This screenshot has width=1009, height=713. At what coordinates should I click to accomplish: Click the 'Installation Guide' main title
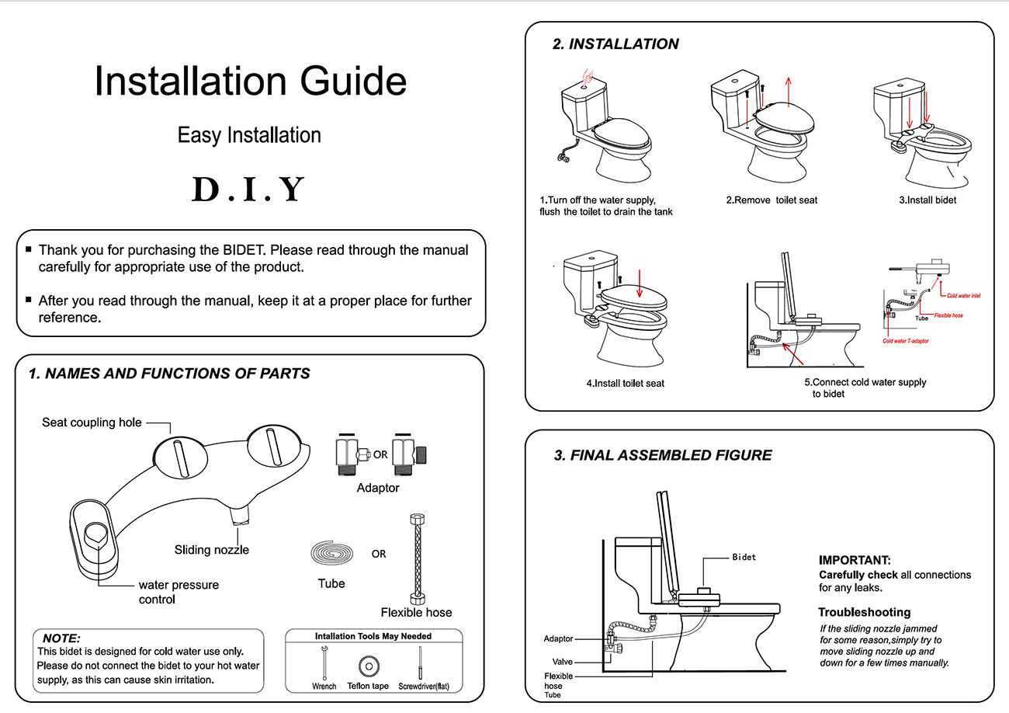pyautogui.click(x=250, y=82)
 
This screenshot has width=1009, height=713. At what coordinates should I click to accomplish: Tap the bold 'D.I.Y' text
pyautogui.click(x=248, y=190)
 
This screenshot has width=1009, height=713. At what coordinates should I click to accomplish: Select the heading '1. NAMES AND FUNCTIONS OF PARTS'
pyautogui.click(x=169, y=374)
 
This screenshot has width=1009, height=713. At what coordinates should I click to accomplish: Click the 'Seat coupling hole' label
pyautogui.click(x=92, y=422)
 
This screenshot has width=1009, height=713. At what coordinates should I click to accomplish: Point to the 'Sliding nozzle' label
pyautogui.click(x=211, y=550)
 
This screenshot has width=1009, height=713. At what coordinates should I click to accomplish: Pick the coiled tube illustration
pyautogui.click(x=332, y=555)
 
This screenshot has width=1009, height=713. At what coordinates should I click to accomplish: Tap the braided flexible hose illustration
pyautogui.click(x=416, y=558)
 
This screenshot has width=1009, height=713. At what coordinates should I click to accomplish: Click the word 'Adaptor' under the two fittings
pyautogui.click(x=378, y=488)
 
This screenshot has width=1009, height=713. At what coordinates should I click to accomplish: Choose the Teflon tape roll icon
pyautogui.click(x=368, y=666)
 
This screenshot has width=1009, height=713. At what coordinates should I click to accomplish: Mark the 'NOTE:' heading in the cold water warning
pyautogui.click(x=61, y=638)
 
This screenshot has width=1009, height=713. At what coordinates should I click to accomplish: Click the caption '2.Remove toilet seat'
pyautogui.click(x=771, y=200)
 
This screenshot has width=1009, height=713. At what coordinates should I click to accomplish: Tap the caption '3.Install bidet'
pyautogui.click(x=928, y=200)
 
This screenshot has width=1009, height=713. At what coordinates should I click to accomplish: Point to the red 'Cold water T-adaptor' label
pyautogui.click(x=906, y=341)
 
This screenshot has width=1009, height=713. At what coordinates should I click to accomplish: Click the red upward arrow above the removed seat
pyautogui.click(x=789, y=89)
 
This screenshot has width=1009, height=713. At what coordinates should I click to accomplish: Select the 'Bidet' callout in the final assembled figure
pyautogui.click(x=744, y=557)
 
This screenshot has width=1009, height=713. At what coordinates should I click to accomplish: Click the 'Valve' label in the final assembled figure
pyautogui.click(x=562, y=661)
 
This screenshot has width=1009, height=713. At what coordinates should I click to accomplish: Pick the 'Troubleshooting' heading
pyautogui.click(x=864, y=612)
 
